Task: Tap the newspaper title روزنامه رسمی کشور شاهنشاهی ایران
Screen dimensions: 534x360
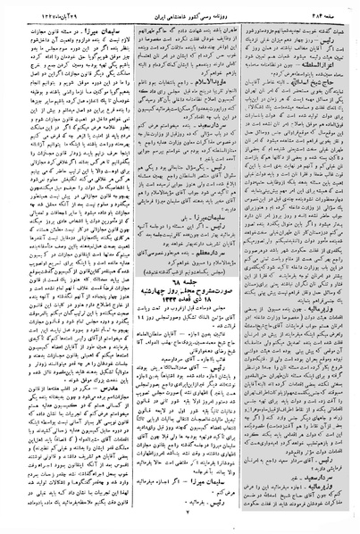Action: (x=182, y=9)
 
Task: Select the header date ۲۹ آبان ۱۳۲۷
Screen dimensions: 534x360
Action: (x=35, y=9)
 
